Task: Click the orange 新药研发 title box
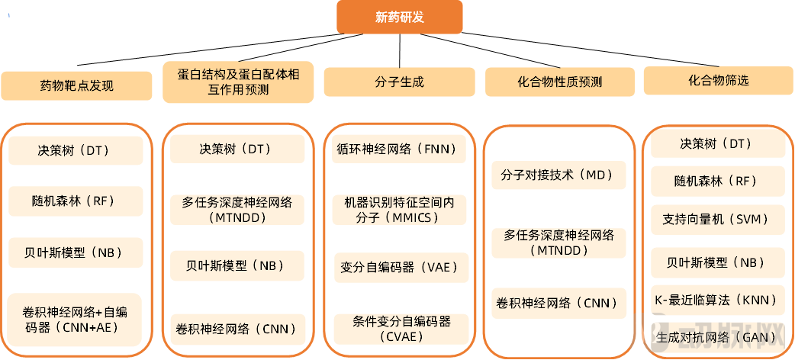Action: click(x=400, y=18)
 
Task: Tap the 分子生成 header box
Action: click(x=400, y=82)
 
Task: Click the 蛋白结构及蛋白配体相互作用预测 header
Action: click(x=237, y=82)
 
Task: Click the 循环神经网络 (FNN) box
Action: click(x=400, y=149)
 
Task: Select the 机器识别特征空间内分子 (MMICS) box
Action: click(x=400, y=209)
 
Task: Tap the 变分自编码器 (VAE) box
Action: click(x=400, y=268)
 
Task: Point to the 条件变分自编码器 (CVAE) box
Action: click(x=400, y=328)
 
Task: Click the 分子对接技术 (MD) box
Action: click(x=559, y=175)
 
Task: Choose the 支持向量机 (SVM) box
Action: click(x=718, y=220)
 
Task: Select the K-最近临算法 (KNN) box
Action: click(x=718, y=299)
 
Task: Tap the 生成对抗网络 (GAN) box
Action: click(x=718, y=336)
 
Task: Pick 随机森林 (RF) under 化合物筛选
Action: click(x=718, y=181)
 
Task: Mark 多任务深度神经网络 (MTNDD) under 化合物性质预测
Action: click(x=559, y=243)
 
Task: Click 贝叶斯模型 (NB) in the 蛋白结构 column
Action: click(x=237, y=265)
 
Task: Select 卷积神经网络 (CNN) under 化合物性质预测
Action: click(x=559, y=303)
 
